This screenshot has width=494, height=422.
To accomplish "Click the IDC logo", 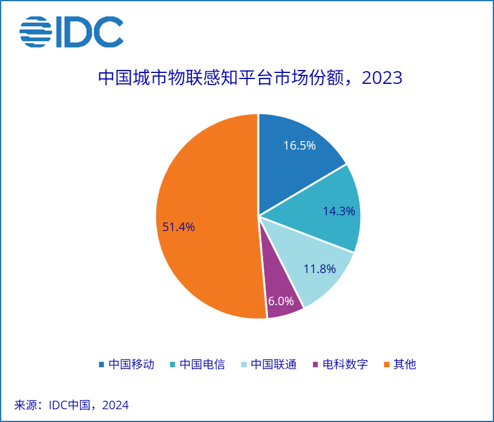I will pyautogui.click(x=71, y=32).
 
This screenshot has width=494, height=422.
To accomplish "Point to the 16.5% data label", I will pyautogui.click(x=300, y=146).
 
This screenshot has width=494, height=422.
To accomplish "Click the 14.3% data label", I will pyautogui.click(x=339, y=212).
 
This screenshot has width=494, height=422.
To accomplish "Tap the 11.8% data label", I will pyautogui.click(x=320, y=269).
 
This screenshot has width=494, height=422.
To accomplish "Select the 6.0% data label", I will pyautogui.click(x=281, y=301).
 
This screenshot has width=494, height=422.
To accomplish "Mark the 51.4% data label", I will pyautogui.click(x=179, y=227).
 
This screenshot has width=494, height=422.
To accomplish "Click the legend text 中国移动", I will pyautogui.click(x=131, y=365).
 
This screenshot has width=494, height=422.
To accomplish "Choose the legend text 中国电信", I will pyautogui.click(x=202, y=365).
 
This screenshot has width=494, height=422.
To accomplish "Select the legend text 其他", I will pyautogui.click(x=404, y=365).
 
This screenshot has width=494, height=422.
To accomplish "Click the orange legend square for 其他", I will pyautogui.click(x=386, y=365).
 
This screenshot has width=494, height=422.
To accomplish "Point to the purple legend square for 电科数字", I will pyautogui.click(x=315, y=365).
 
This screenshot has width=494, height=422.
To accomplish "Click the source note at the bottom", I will pyautogui.click(x=72, y=405).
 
